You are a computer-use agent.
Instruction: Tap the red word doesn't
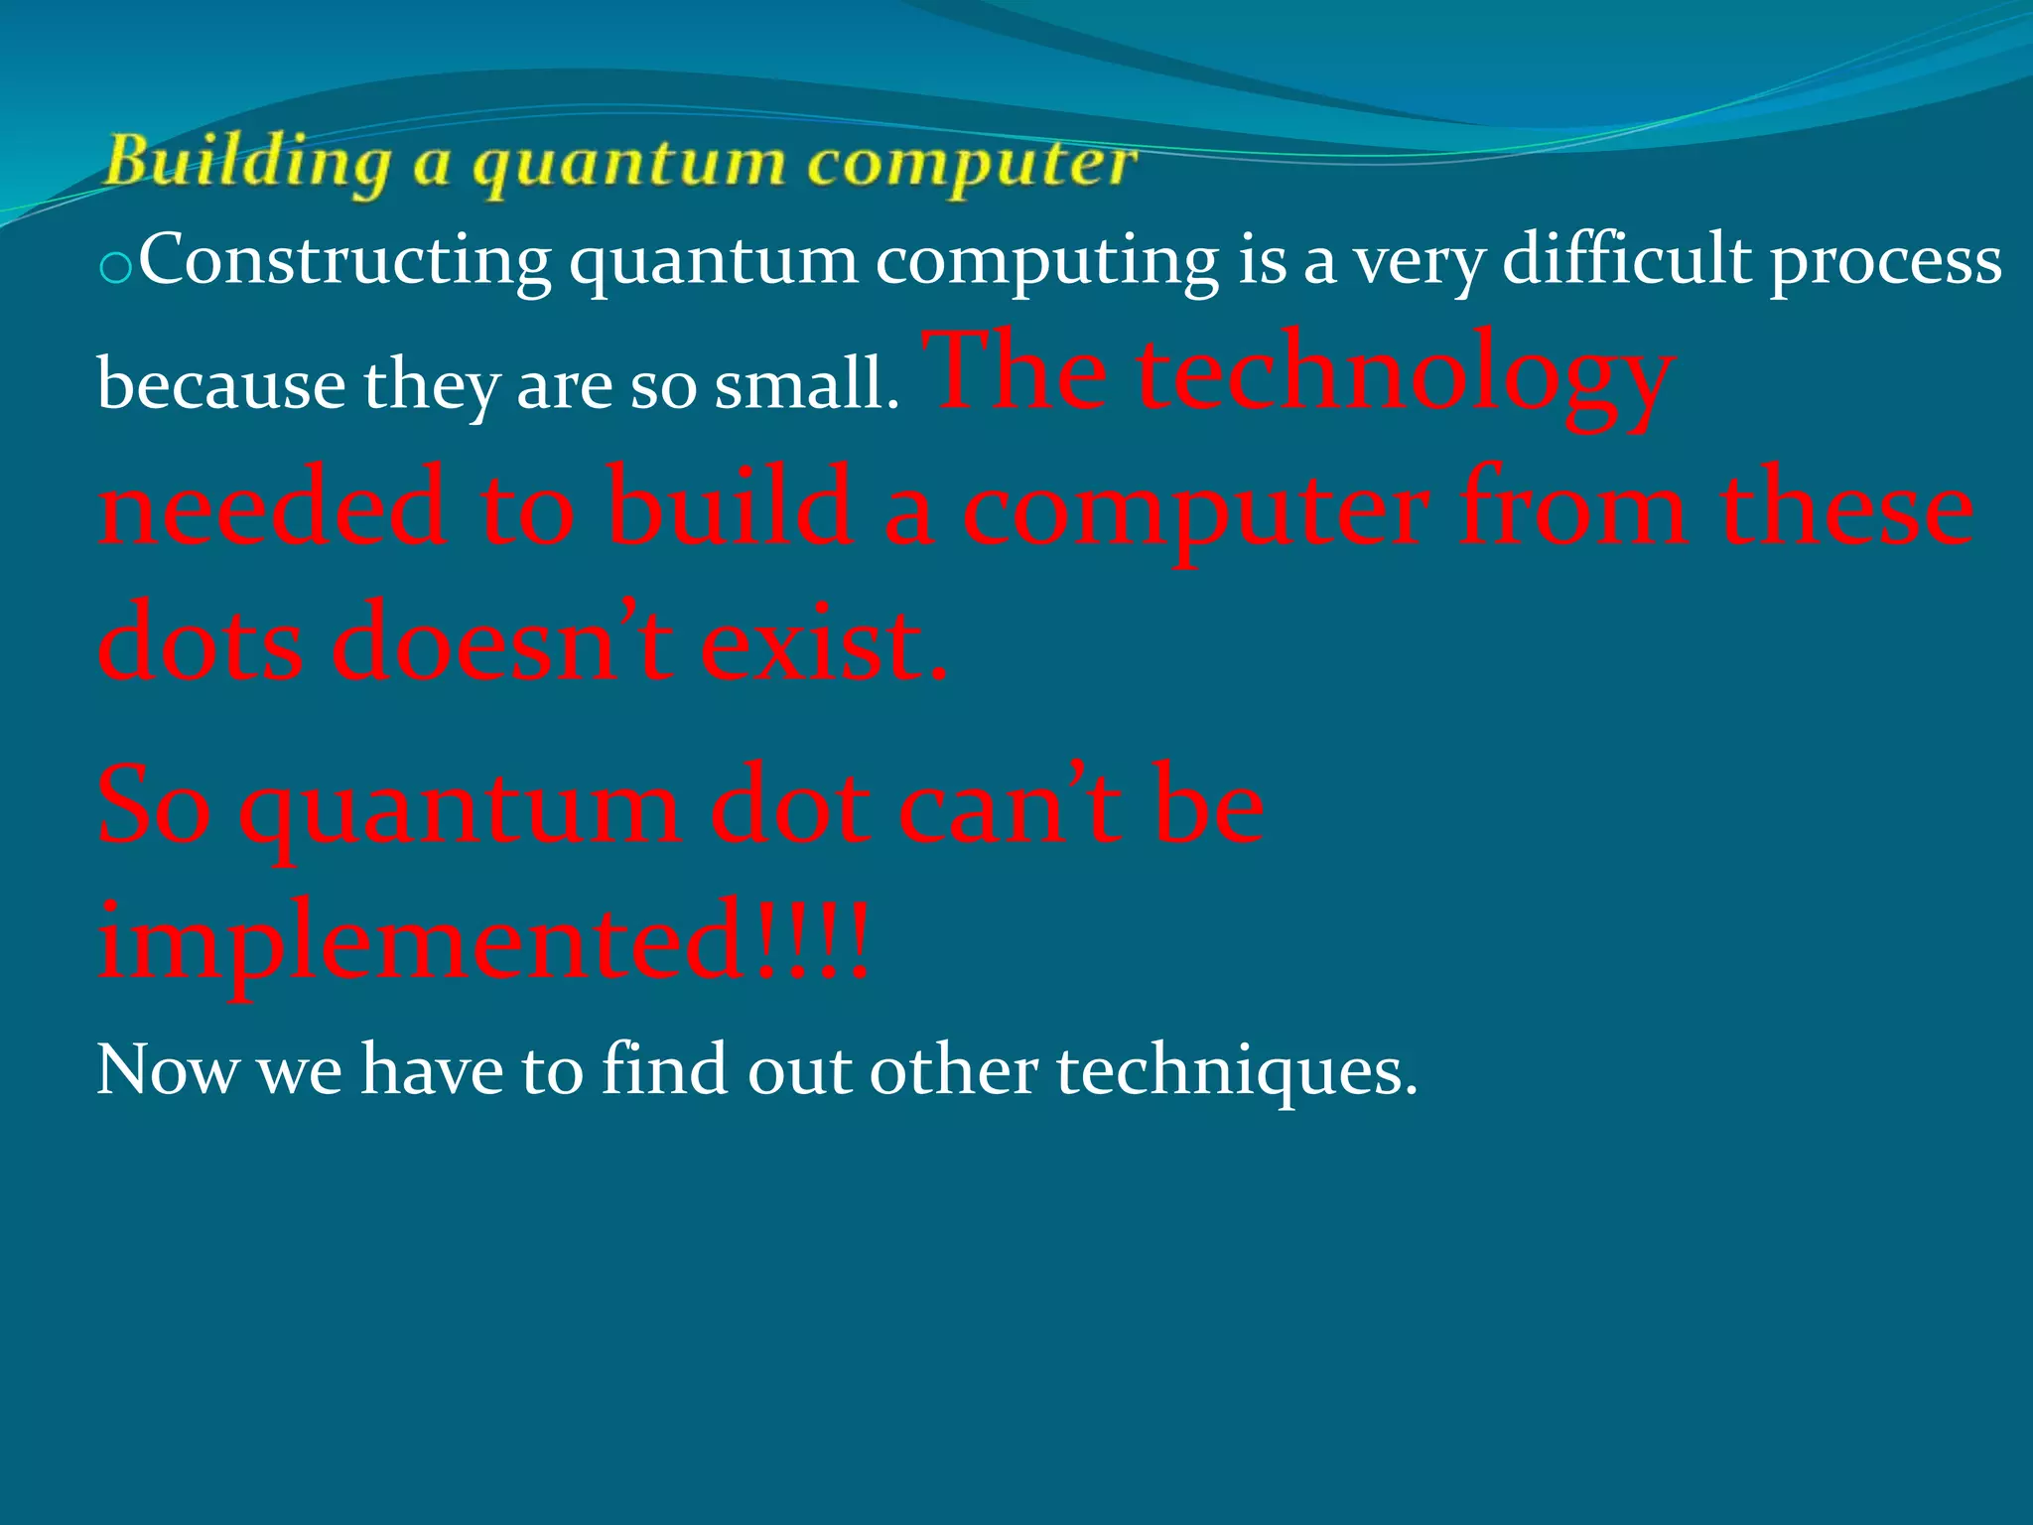tap(502, 643)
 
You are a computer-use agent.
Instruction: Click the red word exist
tap(824, 643)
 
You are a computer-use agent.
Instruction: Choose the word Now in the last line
tap(167, 1070)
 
